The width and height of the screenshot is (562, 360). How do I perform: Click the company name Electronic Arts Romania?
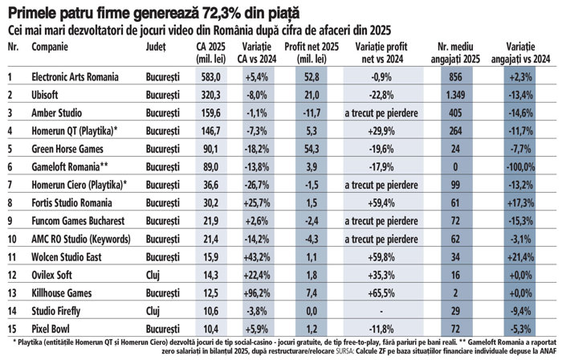(x=75, y=76)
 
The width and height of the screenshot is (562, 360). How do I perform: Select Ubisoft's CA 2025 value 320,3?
(x=210, y=95)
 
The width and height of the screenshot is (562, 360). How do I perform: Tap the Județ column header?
(x=156, y=47)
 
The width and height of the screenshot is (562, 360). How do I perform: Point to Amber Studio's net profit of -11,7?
(x=311, y=113)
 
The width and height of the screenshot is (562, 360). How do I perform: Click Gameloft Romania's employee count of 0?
(x=455, y=167)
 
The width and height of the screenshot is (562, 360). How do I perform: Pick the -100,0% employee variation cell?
(x=520, y=167)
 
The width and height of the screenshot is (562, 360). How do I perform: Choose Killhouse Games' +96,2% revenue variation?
(x=257, y=293)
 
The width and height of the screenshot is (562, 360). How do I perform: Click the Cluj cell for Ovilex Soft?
(x=153, y=275)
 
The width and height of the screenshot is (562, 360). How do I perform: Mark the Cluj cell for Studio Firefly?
(x=153, y=311)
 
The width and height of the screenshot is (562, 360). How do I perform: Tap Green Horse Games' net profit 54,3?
(x=311, y=149)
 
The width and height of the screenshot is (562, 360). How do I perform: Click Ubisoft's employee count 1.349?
(x=455, y=95)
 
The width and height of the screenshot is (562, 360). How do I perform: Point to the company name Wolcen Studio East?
(x=67, y=257)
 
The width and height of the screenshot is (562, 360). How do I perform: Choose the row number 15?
(x=12, y=329)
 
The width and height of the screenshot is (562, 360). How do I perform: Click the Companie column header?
(x=50, y=47)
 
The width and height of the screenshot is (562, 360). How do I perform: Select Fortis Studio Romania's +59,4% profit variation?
(x=381, y=203)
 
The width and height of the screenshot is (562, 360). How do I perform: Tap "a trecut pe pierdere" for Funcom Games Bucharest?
(x=381, y=221)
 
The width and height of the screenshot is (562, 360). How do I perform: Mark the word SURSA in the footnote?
(x=344, y=350)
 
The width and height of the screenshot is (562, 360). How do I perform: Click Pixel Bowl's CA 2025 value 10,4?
(x=210, y=329)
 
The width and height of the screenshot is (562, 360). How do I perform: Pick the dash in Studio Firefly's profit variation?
(x=381, y=311)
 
